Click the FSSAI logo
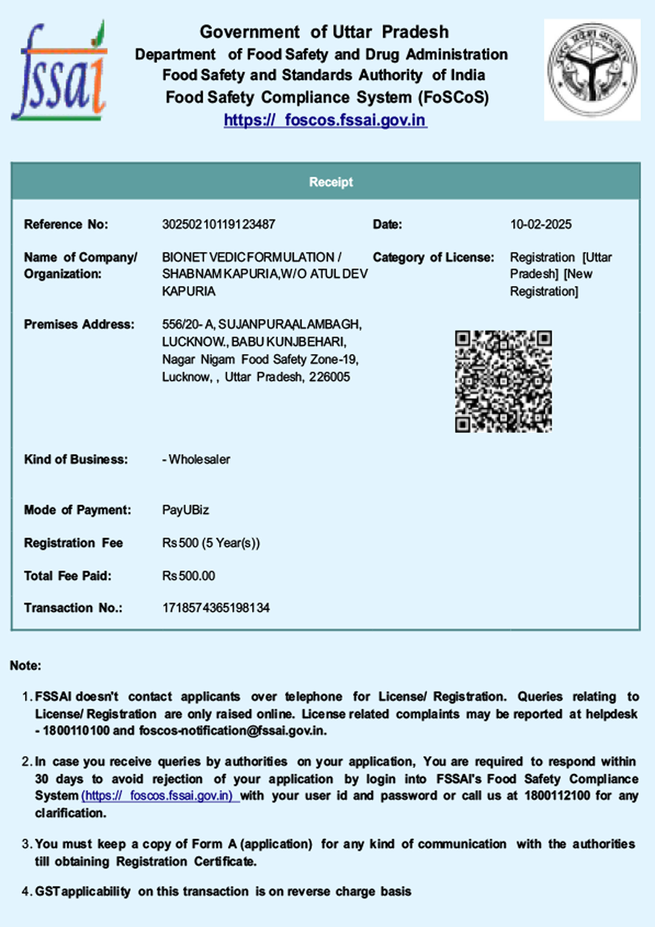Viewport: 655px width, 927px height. tap(60, 71)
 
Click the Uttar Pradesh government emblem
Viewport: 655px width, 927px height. tap(592, 70)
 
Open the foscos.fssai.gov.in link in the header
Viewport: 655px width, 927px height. tap(325, 120)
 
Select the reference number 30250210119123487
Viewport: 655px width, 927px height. tap(218, 224)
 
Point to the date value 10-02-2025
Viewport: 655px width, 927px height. tap(541, 224)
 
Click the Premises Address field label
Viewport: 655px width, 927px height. tap(79, 324)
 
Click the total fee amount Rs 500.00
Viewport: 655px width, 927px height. tap(189, 576)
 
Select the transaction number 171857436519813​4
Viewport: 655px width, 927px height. tap(216, 608)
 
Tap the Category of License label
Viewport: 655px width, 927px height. tap(433, 257)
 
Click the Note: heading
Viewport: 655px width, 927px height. tap(25, 665)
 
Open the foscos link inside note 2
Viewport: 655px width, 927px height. tap(160, 795)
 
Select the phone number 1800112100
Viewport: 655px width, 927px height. tap(557, 795)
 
